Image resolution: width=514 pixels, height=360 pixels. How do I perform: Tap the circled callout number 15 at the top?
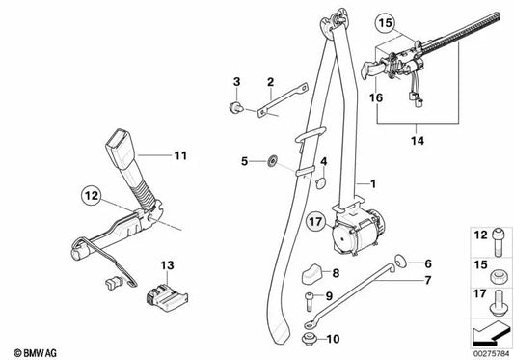pos(386,21)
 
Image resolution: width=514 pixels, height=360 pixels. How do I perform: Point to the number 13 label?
pos(166,264)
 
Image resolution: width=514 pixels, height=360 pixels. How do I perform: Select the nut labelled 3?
pos(234,104)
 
